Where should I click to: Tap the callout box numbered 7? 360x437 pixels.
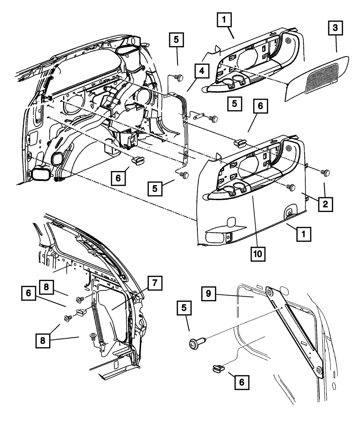click(x=154, y=283)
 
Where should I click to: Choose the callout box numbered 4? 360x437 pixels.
click(x=202, y=71)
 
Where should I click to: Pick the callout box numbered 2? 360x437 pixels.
click(x=325, y=204)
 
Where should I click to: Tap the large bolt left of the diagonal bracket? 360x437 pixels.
click(x=196, y=342)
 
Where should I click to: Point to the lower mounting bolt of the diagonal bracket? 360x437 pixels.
click(x=319, y=370)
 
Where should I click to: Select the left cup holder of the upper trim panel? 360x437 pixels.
click(x=228, y=83)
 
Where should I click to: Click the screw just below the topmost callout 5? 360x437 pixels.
click(x=178, y=77)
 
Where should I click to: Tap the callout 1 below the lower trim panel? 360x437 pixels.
click(x=303, y=235)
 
